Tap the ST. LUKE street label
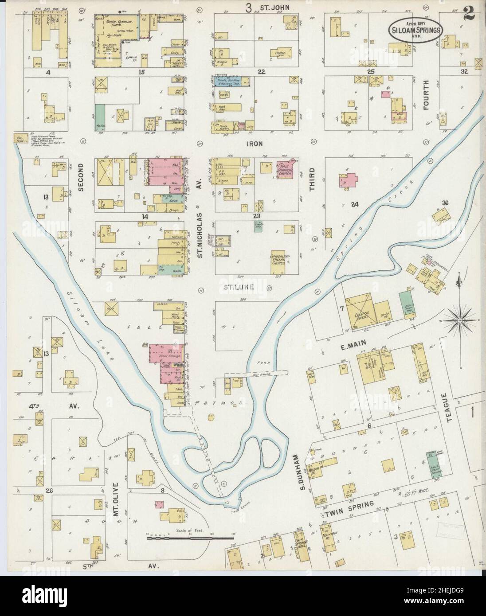click(x=238, y=287)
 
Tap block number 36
click(x=445, y=203)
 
